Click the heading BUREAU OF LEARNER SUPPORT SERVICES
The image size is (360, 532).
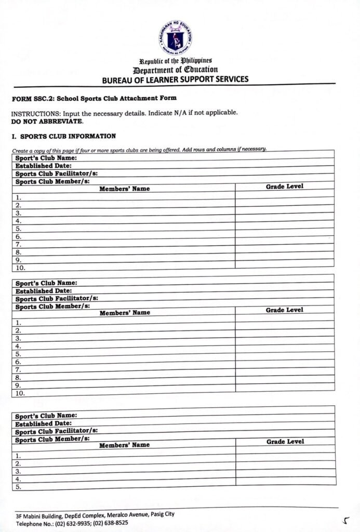(175, 79)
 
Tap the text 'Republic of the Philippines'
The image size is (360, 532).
(175, 61)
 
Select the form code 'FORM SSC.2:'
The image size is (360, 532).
(32, 98)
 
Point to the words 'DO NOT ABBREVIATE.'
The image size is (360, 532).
(47, 121)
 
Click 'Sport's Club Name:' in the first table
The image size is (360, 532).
(46, 158)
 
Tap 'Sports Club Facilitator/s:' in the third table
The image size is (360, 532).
(56, 431)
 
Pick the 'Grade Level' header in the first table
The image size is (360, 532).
(285, 186)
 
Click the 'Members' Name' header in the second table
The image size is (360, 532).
(125, 313)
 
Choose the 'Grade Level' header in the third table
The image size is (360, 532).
(285, 442)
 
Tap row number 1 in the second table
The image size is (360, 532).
(18, 323)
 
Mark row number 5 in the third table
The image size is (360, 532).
(18, 487)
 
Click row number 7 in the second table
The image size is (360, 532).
(18, 370)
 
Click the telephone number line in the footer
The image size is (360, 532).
(72, 523)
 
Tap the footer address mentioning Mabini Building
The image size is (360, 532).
(95, 515)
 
